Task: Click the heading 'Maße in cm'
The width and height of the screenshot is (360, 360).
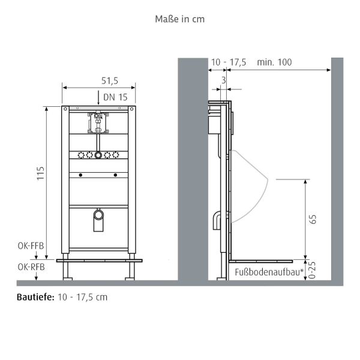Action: (179, 19)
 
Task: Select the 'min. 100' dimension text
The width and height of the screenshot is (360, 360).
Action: (274, 62)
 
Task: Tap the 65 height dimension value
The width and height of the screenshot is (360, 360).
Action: (312, 219)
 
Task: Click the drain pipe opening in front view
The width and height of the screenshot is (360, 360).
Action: (99, 214)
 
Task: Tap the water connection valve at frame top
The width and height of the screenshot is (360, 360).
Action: (98, 121)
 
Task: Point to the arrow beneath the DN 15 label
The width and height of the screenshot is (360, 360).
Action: (99, 100)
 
